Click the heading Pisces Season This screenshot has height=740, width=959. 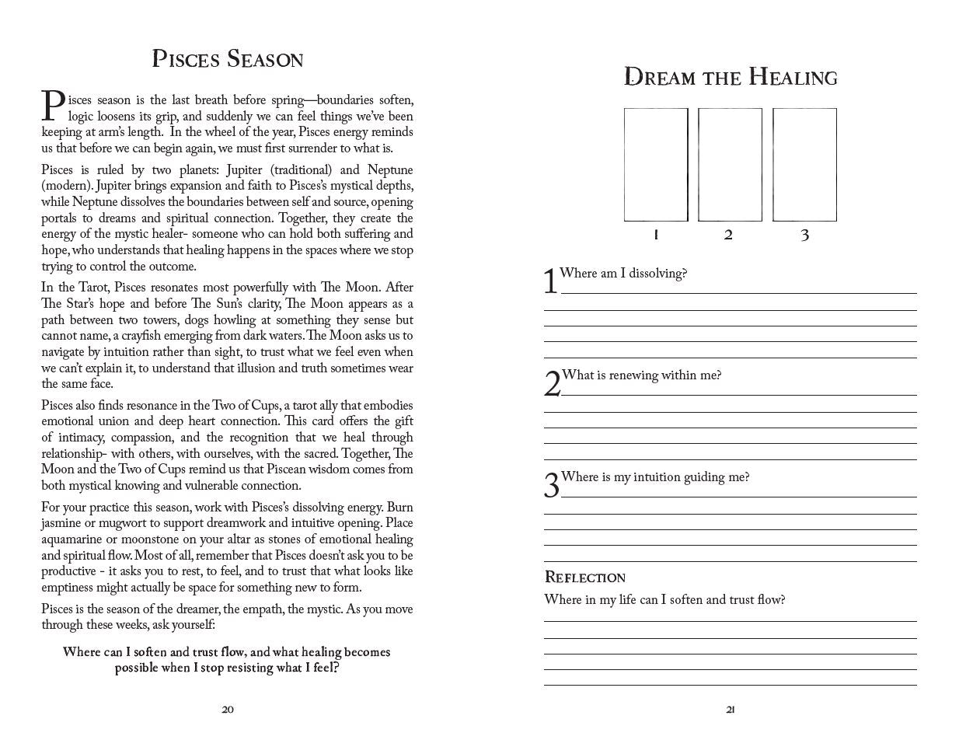[x=227, y=59]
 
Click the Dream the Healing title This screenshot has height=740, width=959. [x=731, y=78]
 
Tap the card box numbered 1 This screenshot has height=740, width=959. [x=656, y=165]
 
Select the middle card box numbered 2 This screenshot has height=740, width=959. [x=730, y=165]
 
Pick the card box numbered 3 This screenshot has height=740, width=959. [x=804, y=165]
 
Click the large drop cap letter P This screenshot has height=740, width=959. [x=52, y=106]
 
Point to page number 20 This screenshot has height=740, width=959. [x=228, y=709]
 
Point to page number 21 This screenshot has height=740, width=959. [x=731, y=709]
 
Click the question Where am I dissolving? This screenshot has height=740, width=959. [x=623, y=274]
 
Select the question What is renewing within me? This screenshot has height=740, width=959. [x=641, y=375]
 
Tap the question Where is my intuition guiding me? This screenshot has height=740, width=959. [x=655, y=477]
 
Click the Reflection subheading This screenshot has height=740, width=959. [x=584, y=578]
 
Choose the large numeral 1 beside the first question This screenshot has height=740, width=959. [x=550, y=281]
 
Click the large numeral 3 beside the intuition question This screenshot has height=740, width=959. [x=551, y=486]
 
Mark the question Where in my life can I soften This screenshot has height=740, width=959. [x=664, y=600]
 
